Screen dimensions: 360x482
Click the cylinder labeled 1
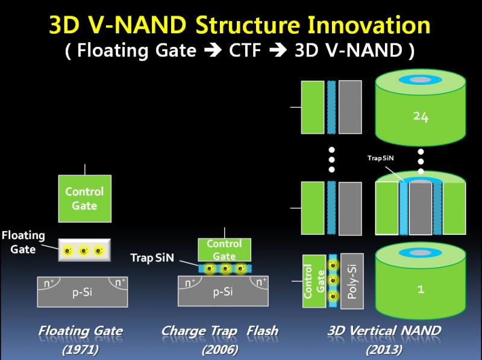(x=421, y=283)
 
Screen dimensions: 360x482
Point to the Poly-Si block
(x=351, y=282)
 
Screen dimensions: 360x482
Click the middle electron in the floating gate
(x=84, y=250)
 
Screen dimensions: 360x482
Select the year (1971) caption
(x=80, y=349)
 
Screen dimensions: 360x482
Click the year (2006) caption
(x=220, y=349)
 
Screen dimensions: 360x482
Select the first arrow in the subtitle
(x=208, y=52)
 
